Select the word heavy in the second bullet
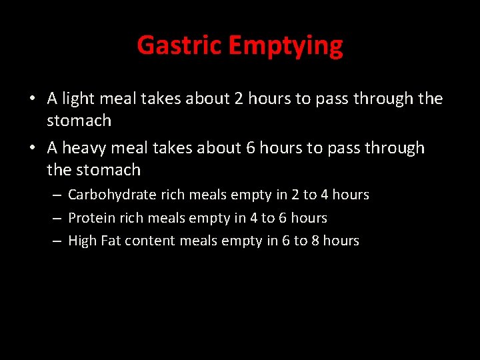click(x=86, y=148)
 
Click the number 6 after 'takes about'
click(x=251, y=148)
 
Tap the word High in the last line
click(x=83, y=241)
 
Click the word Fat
click(x=111, y=241)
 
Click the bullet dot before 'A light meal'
click(x=32, y=99)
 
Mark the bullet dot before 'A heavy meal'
click(x=32, y=148)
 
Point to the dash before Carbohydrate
click(x=57, y=195)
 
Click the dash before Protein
click(x=57, y=219)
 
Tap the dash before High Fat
click(x=57, y=241)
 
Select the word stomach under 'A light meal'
click(x=79, y=121)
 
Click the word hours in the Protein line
click(x=309, y=218)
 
